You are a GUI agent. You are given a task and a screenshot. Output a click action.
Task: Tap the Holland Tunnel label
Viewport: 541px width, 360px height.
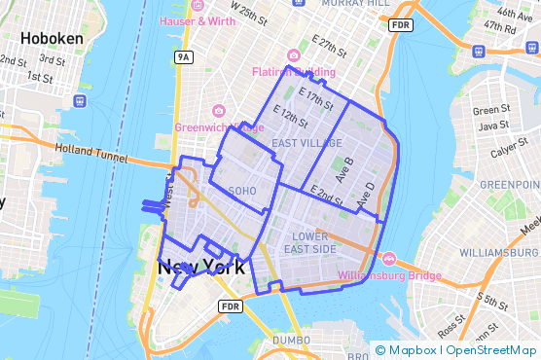(x=93, y=149)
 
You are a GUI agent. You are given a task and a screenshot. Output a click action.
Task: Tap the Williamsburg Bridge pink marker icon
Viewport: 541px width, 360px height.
(x=389, y=259)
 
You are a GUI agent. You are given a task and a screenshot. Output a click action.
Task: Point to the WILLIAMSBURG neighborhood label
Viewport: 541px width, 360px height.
(x=496, y=251)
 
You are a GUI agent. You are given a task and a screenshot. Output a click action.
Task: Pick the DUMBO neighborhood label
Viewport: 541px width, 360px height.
(x=291, y=340)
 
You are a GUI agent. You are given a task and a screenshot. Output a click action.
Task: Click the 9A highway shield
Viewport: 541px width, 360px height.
(x=183, y=58)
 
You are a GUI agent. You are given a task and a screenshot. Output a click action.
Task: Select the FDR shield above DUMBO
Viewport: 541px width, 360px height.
(x=230, y=306)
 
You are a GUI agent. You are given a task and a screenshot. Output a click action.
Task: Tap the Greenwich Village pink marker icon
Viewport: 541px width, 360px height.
(x=218, y=111)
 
